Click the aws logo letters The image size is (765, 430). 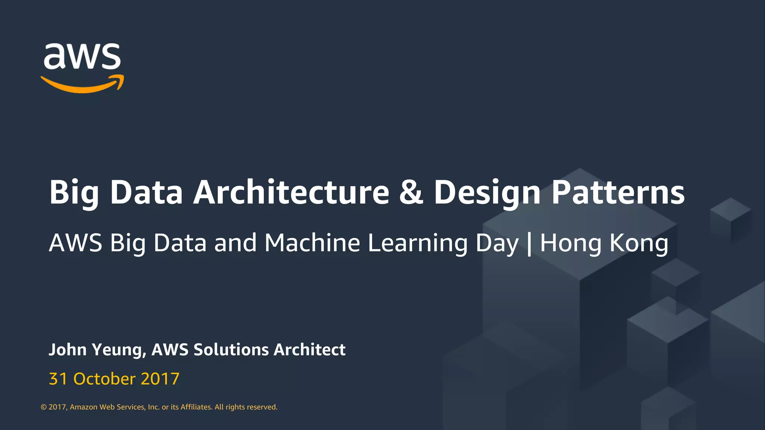(x=82, y=57)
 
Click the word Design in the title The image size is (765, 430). (x=487, y=193)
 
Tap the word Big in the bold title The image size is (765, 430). (x=74, y=193)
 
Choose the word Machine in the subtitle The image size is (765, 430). (x=312, y=243)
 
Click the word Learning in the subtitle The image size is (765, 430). (x=418, y=243)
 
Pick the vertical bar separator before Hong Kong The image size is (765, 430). (x=529, y=243)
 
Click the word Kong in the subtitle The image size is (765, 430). (x=639, y=243)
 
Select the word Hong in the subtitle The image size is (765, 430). (x=570, y=243)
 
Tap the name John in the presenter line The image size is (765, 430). (x=68, y=350)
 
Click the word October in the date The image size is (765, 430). (x=104, y=379)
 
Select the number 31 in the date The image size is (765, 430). (x=58, y=379)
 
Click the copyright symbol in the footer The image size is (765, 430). (x=44, y=407)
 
